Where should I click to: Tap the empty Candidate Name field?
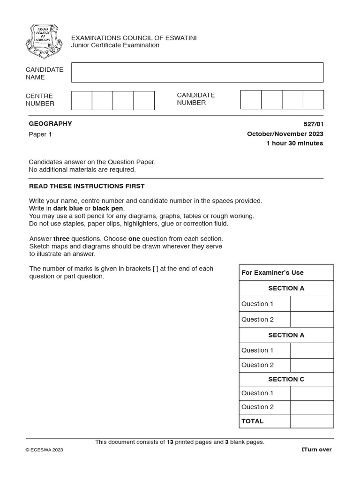click(197, 73)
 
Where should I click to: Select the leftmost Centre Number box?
click(82, 100)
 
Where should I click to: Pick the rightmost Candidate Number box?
click(313, 100)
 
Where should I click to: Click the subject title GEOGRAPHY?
click(51, 124)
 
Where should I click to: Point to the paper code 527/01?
click(314, 124)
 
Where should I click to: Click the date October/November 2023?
click(285, 134)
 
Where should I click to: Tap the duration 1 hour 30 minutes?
click(294, 143)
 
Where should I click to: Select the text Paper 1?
click(41, 135)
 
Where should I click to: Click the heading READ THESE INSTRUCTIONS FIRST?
click(87, 186)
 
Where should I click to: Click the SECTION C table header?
click(286, 379)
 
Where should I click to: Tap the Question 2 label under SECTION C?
click(257, 407)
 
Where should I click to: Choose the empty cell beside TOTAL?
click(312, 421)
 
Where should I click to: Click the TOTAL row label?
click(253, 421)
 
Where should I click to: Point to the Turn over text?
click(317, 450)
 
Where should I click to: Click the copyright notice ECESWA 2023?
click(44, 450)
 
